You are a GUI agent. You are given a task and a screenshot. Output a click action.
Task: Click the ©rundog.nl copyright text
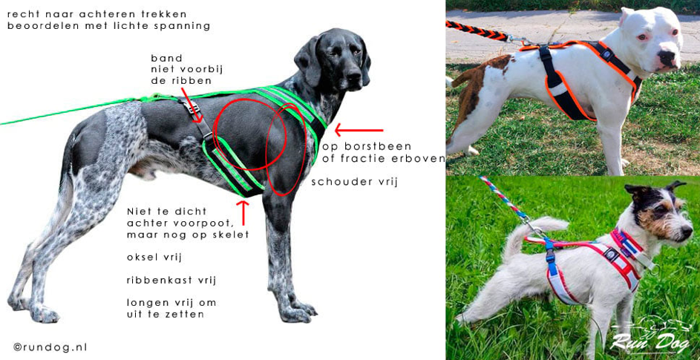[50, 347]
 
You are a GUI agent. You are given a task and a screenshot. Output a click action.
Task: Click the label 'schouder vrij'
[354, 183]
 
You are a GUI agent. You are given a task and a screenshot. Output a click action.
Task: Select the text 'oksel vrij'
[155, 258]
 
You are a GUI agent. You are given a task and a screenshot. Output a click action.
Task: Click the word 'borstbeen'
[381, 147]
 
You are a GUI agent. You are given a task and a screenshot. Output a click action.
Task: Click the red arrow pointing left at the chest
[359, 131]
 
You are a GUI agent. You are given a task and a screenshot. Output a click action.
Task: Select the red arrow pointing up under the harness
[243, 213]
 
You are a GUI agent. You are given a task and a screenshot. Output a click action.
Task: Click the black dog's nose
[353, 76]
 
